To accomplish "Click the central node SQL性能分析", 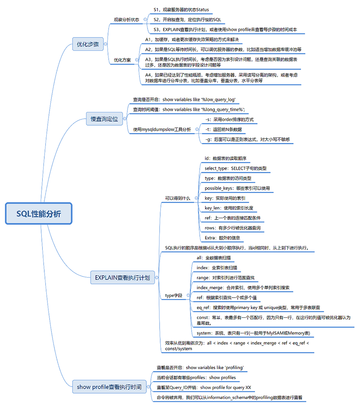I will tap(39, 214).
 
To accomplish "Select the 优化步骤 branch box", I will tap(88, 45).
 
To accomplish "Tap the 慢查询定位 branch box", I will tap(104, 118).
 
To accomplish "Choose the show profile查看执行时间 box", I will tap(109, 387).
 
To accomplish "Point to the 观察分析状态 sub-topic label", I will tap(126, 20).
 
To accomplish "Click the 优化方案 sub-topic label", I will tap(122, 60).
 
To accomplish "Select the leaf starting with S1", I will tap(181, 10).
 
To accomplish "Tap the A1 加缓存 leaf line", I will tap(192, 39).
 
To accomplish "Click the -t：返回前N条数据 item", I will tap(223, 129).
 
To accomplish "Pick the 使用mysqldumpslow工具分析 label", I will tap(162, 129).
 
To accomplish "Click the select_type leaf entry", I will tap(235, 168).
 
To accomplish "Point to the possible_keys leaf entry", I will tap(237, 188).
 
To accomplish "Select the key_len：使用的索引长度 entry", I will tap(231, 208).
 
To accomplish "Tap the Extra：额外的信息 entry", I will tap(222, 238).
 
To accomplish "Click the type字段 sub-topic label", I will tap(174, 295).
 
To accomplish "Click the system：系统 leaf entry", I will tap(253, 333).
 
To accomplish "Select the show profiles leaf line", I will tap(196, 377).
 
